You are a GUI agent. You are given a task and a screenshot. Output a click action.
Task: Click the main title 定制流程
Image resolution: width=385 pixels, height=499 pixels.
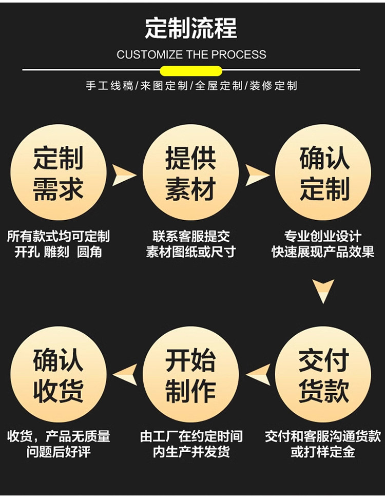tap(191, 28)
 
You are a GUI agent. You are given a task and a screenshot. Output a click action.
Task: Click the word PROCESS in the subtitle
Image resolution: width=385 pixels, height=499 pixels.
tap(239, 55)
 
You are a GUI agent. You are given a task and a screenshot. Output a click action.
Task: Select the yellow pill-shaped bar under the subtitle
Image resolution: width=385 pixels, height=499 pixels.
tap(191, 71)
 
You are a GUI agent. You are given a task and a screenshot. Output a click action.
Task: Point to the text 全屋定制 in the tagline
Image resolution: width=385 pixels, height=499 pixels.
tap(218, 86)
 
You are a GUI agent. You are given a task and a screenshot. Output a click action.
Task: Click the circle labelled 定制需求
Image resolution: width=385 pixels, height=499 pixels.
tap(59, 172)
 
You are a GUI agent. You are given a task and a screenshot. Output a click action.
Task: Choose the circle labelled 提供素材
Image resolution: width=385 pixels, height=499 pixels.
tap(190, 172)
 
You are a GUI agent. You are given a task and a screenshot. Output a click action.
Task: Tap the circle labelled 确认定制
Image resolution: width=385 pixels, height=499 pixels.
tap(323, 172)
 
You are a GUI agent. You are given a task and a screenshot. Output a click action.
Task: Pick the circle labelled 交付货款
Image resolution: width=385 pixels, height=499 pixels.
tap(323, 374)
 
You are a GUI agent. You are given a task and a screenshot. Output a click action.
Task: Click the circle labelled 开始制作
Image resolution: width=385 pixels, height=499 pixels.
tap(190, 374)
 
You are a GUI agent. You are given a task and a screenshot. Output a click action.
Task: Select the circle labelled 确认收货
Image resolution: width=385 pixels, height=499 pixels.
tap(59, 374)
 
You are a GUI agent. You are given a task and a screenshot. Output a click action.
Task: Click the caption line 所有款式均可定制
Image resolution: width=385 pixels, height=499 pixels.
tap(59, 237)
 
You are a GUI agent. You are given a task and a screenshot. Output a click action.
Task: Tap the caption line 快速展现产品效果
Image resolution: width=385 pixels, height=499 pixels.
tap(323, 252)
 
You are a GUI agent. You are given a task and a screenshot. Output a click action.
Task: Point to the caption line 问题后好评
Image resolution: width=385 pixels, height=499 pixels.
tap(59, 452)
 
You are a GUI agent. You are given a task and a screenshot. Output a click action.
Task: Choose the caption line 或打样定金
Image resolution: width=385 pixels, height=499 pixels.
tap(323, 452)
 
